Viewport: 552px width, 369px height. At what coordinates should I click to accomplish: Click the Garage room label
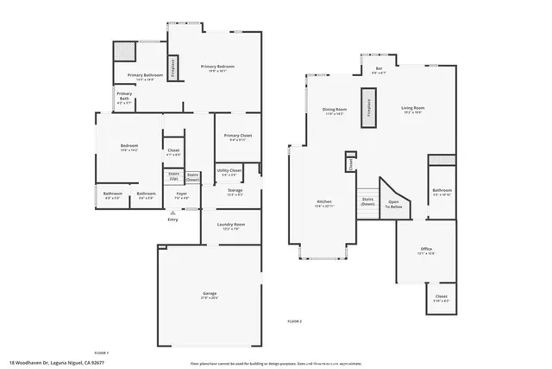(x=210, y=294)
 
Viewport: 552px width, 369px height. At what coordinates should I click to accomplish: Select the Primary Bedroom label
(x=217, y=67)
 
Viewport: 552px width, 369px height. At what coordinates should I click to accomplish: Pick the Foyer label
(x=182, y=194)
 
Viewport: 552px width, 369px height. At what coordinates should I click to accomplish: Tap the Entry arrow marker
(x=172, y=212)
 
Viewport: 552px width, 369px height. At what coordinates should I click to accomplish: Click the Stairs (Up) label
(x=173, y=176)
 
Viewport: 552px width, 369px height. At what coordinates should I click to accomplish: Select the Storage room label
(x=235, y=192)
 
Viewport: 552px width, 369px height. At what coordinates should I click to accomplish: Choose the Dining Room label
(x=335, y=110)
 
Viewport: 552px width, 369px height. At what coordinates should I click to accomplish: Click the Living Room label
(x=413, y=109)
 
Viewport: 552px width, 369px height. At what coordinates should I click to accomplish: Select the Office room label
(x=425, y=250)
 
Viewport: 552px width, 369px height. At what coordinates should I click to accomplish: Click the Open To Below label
(x=394, y=204)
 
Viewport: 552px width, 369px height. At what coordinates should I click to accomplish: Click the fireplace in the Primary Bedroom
(x=173, y=67)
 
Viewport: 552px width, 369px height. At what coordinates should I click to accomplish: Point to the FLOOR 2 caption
(x=295, y=321)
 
